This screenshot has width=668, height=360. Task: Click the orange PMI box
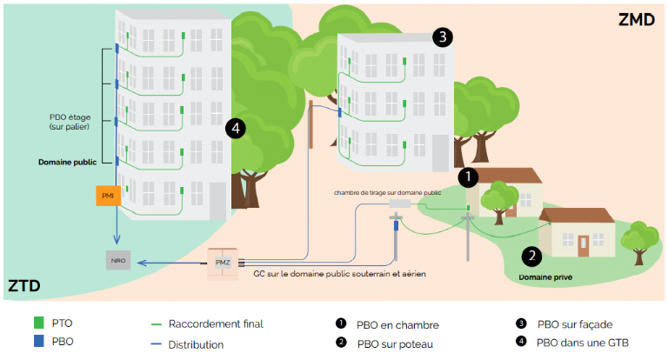(108, 196)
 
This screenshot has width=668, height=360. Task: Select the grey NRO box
(117, 260)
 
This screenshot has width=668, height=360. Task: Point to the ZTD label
(23, 285)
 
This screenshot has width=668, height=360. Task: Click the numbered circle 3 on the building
(443, 37)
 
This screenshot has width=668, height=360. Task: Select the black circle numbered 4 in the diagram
(234, 129)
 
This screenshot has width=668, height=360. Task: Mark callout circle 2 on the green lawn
(531, 256)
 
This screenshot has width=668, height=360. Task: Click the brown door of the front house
(584, 244)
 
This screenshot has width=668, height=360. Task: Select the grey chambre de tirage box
(399, 203)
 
